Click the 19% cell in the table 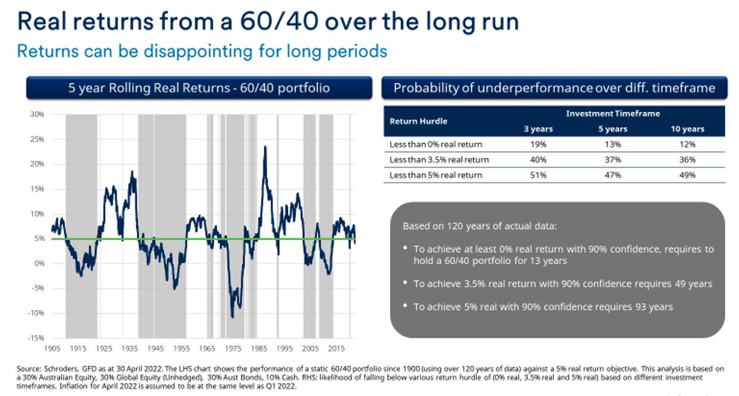538,144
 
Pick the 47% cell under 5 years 613,175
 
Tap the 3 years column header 538,129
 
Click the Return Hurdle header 419,121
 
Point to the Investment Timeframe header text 613,113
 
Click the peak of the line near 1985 264,146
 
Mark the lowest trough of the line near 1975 232,316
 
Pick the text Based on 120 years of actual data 477,226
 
